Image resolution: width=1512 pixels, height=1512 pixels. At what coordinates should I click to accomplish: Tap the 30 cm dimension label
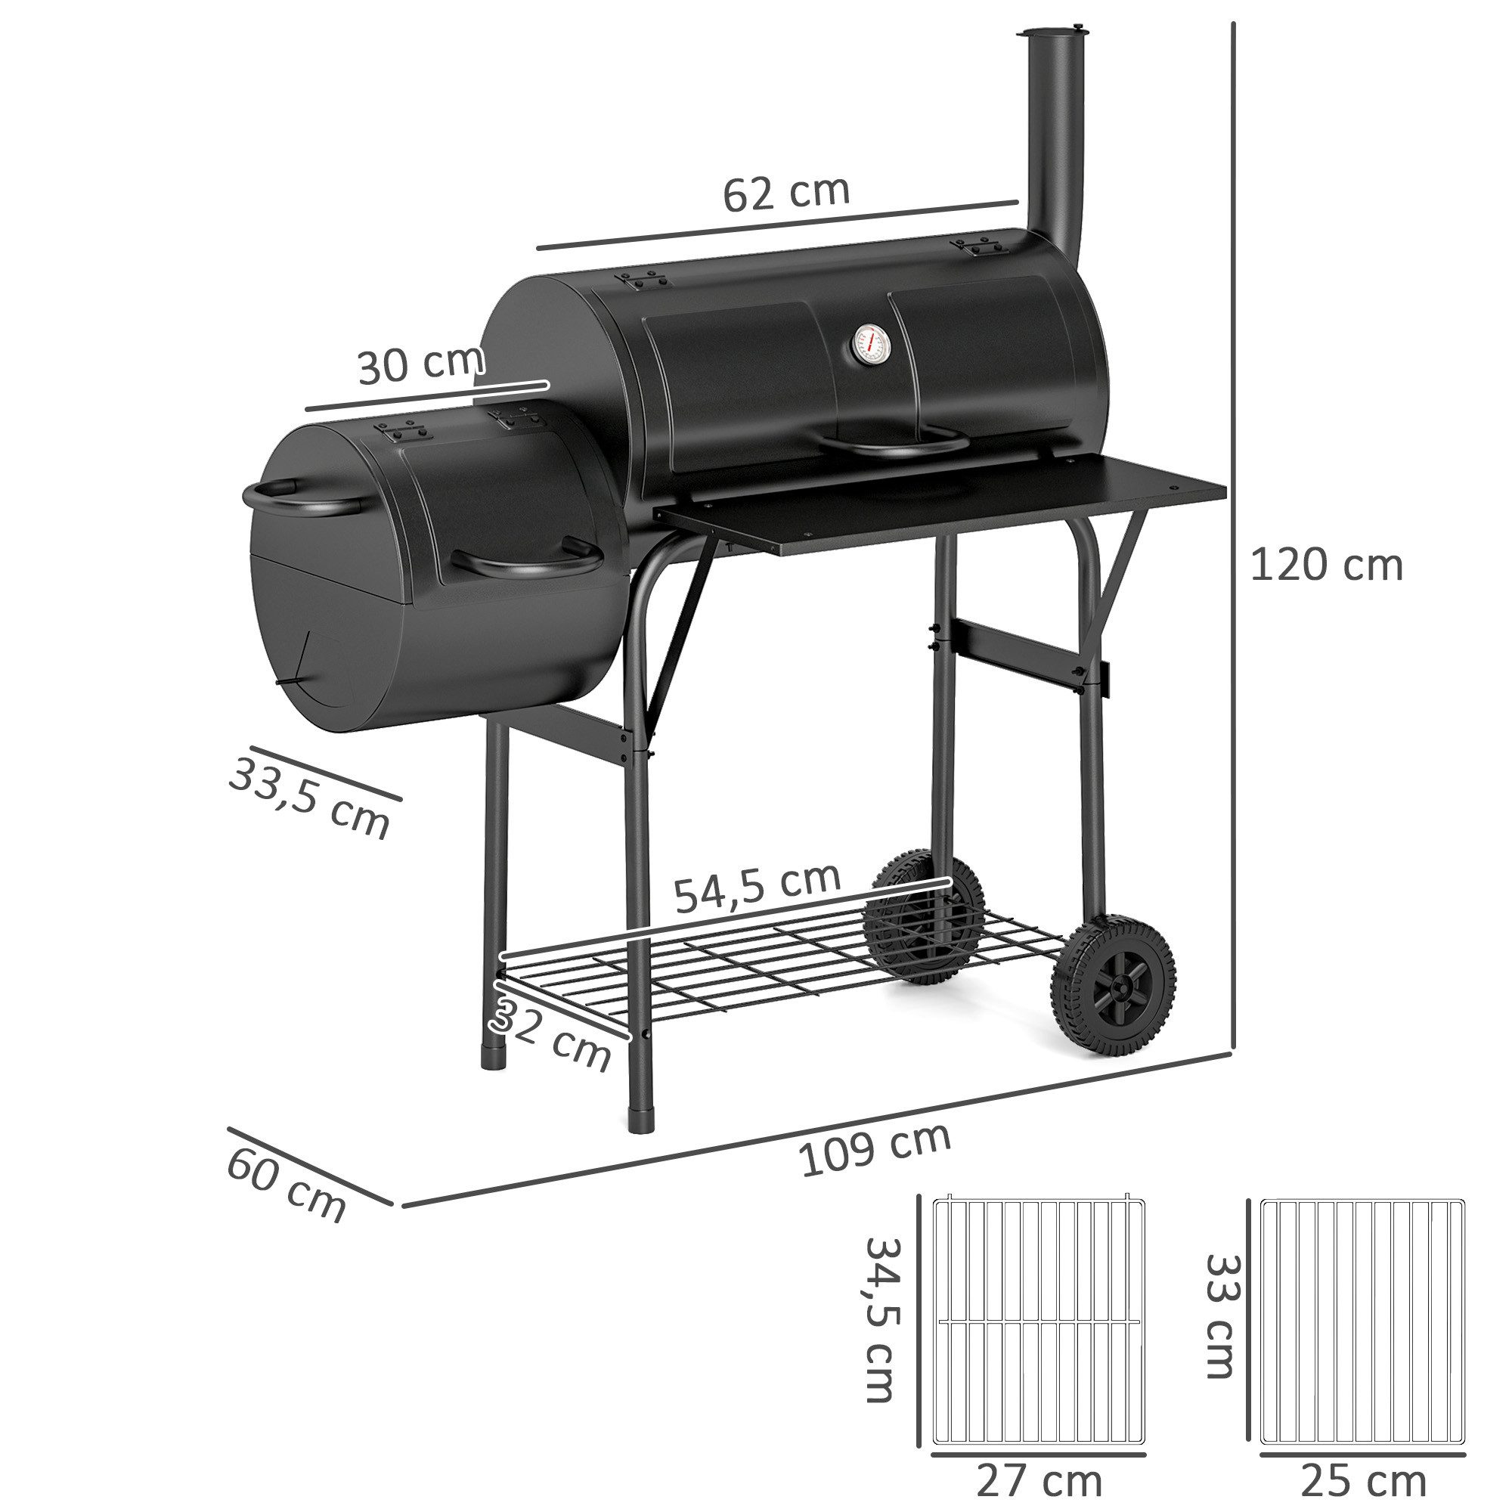click(x=420, y=364)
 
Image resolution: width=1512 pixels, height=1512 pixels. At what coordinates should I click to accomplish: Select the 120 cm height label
click(x=1326, y=565)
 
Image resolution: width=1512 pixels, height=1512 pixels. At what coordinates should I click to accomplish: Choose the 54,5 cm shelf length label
click(x=757, y=888)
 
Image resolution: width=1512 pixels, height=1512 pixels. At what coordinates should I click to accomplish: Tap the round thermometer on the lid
click(x=870, y=346)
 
